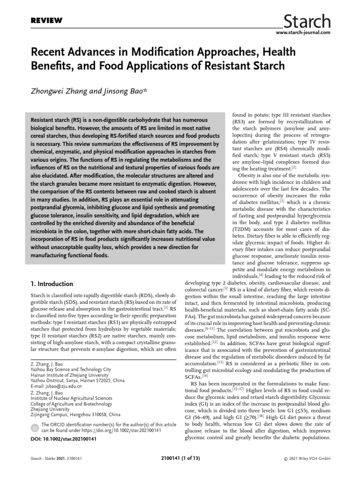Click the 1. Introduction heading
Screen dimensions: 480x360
point(52,284)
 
